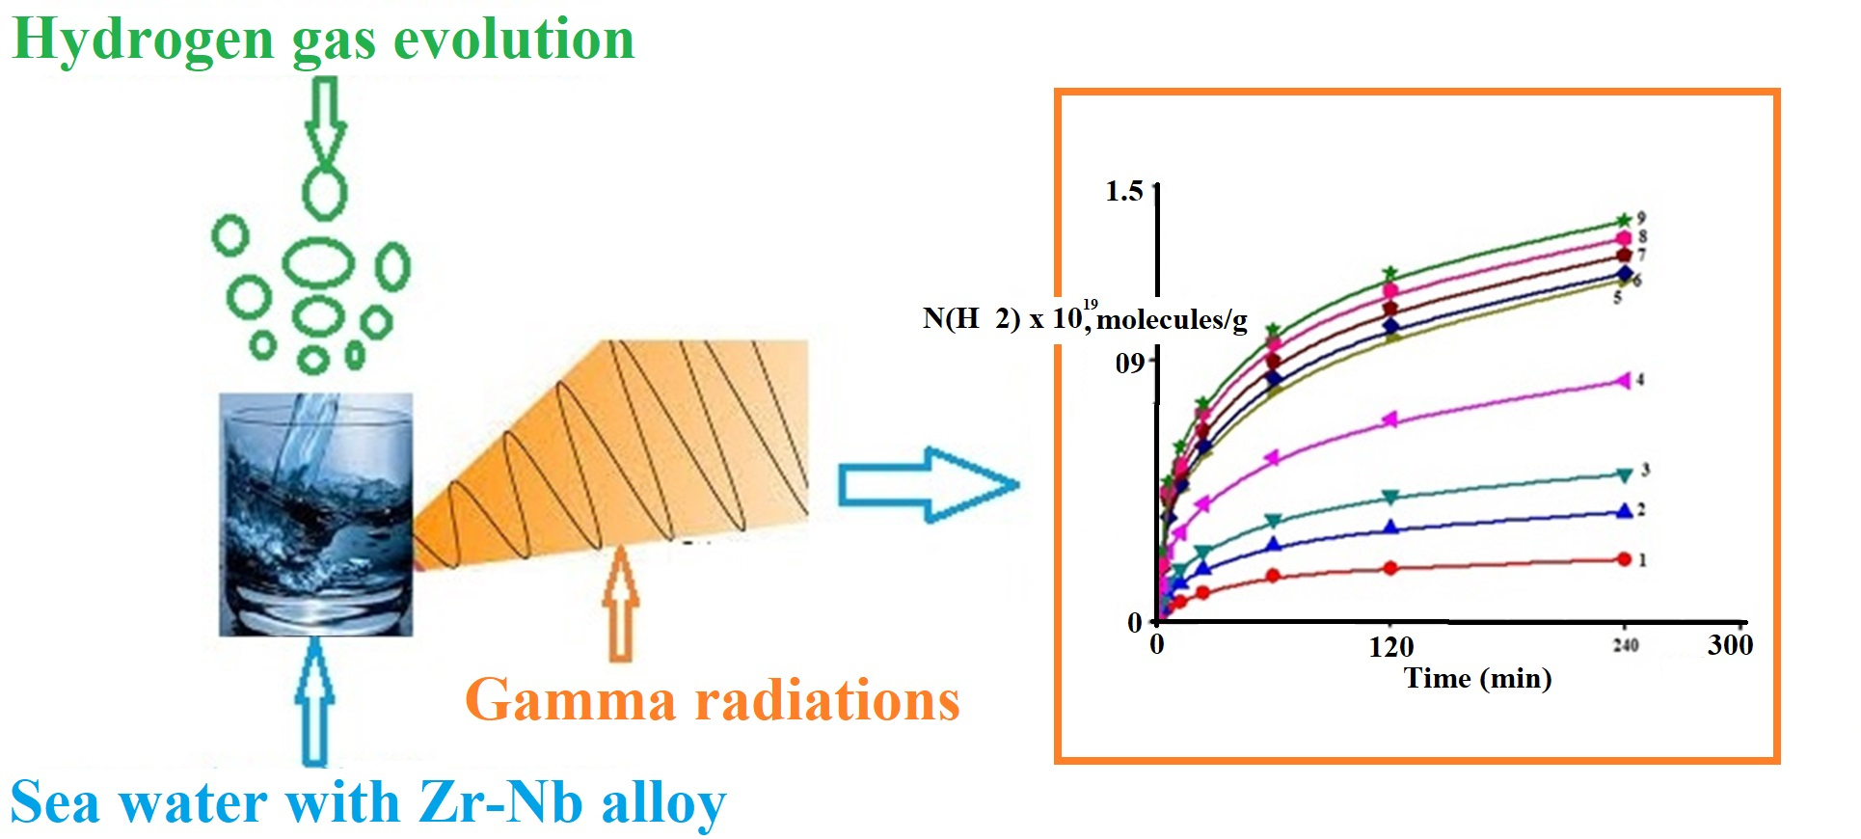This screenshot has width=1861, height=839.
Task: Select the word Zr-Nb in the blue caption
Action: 501,802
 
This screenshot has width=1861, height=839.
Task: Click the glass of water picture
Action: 316,514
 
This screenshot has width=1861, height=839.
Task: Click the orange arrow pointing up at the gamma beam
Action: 621,604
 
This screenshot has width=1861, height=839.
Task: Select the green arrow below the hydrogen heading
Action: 326,121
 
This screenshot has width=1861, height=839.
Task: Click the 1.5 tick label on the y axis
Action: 1123,191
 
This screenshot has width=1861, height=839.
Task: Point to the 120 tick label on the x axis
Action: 1390,646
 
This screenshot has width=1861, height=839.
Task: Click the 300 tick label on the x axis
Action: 1730,644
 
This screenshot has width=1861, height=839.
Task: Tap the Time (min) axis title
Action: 1477,678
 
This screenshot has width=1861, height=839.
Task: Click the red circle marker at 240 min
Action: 1624,559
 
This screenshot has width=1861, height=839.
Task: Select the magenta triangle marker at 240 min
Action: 1624,380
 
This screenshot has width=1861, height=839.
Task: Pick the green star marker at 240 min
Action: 1624,221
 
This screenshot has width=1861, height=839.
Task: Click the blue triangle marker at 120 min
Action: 1390,527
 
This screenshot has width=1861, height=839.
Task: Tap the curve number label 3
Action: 1645,470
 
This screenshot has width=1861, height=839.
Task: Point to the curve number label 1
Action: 1642,559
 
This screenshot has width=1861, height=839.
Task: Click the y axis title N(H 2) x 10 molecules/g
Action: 1085,318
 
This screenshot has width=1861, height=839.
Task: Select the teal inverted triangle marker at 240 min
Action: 1624,474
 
